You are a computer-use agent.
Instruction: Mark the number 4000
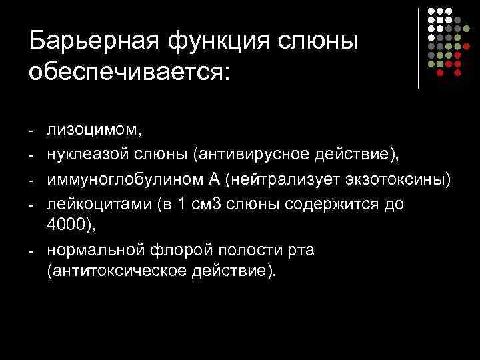(70, 227)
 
